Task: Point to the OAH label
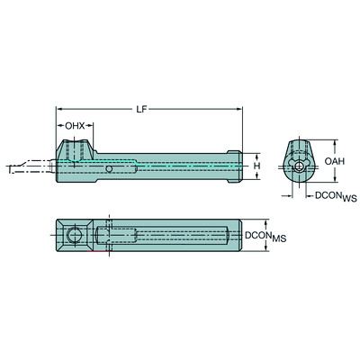pos(333,161)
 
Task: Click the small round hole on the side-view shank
pos(109,168)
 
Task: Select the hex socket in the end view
pos(296,166)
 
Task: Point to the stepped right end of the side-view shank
pos(236,166)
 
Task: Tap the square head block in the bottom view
pos(75,236)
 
